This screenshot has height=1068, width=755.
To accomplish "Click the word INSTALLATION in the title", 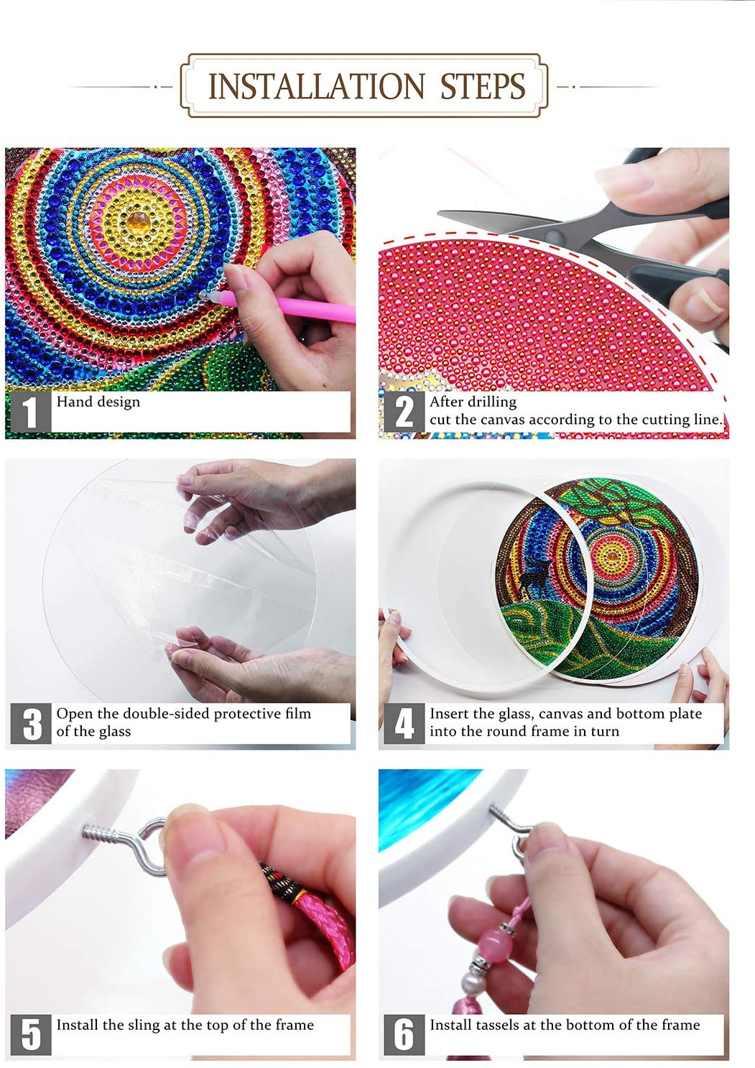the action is coord(317,86).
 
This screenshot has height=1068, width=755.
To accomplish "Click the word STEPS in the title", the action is coord(482,86).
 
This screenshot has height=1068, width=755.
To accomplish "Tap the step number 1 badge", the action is coord(30,412).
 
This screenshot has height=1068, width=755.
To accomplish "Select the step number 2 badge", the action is coord(404,412).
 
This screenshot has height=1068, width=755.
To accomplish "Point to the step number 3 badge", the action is coord(30,723).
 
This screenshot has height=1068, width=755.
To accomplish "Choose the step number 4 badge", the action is coord(404,723).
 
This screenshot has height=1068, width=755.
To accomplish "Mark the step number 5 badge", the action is coord(30,1034).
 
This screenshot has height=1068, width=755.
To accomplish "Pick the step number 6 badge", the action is coord(404,1034).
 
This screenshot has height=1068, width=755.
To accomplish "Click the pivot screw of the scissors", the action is coord(554,236).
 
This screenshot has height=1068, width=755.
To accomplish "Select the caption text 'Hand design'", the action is coord(98,402).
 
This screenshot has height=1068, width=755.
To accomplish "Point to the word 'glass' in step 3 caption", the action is coord(114,731).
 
